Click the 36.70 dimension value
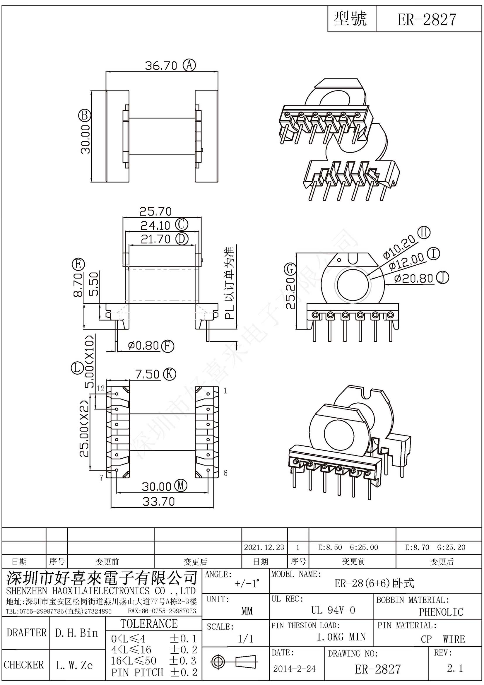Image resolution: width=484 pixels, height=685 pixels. (161, 65)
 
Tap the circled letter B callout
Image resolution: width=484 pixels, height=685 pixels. (84, 115)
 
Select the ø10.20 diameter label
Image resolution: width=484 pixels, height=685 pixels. (399, 247)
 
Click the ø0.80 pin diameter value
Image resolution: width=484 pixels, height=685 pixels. (143, 346)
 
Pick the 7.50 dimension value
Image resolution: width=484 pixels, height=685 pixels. (148, 374)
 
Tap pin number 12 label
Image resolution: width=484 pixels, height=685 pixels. (101, 388)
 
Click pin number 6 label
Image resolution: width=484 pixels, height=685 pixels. (225, 473)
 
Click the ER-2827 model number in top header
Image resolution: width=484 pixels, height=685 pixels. (427, 20)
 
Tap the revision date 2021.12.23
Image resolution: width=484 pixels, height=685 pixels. (264, 547)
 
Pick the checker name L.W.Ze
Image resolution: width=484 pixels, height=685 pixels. (75, 665)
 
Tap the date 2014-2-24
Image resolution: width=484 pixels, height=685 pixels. (294, 669)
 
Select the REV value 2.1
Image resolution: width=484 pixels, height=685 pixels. (454, 668)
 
